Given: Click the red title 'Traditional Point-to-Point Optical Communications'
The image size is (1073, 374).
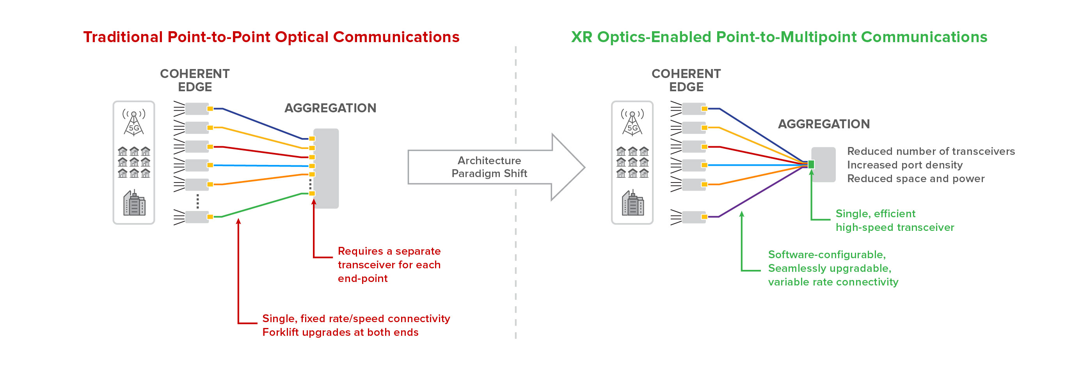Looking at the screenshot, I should click(x=271, y=37).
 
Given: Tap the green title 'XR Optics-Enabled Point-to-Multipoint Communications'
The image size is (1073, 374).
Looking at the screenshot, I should click(x=779, y=37).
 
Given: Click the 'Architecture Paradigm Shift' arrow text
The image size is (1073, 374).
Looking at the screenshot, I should click(x=489, y=167).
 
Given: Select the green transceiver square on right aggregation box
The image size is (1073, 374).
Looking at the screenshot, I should click(x=811, y=165).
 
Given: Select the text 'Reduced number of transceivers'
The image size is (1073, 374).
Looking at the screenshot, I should click(x=931, y=151).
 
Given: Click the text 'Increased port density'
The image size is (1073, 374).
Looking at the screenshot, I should click(x=905, y=165).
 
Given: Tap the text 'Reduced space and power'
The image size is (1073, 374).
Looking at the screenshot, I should click(x=915, y=179).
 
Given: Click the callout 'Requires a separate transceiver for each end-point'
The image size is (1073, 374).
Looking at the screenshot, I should click(x=389, y=264).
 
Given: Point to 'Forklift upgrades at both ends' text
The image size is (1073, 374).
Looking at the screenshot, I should click(x=340, y=332).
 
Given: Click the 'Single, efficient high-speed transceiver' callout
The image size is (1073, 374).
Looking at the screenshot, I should click(x=894, y=220).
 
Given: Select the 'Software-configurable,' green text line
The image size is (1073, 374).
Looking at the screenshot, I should click(x=826, y=255).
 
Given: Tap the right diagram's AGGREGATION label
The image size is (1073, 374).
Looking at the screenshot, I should click(x=824, y=124).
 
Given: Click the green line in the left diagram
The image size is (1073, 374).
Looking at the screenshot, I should click(x=263, y=205).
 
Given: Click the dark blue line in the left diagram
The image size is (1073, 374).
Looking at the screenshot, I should click(x=263, y=124).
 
